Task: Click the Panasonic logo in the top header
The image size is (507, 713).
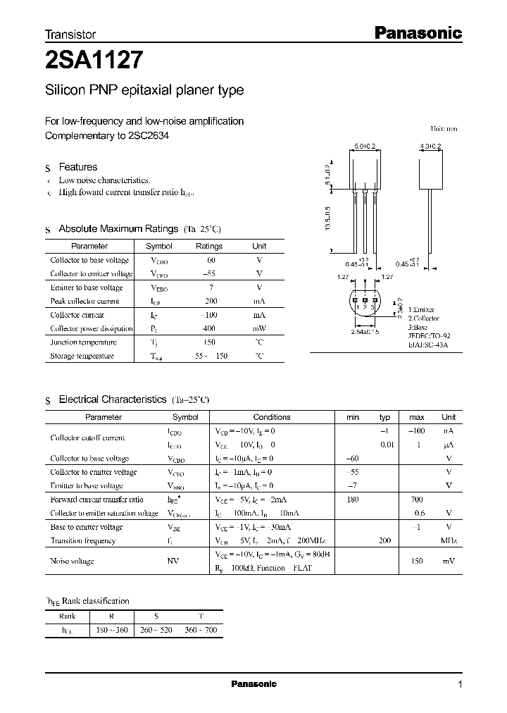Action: [x=416, y=32]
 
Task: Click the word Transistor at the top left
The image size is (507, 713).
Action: [x=70, y=34]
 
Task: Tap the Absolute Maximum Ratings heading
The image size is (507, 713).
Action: [x=118, y=229]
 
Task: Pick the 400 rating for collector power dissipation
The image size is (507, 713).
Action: [x=208, y=329]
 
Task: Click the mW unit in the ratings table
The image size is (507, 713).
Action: [x=259, y=329]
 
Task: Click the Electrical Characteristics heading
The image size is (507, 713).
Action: [x=113, y=399]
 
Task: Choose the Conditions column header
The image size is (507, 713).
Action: [x=271, y=417]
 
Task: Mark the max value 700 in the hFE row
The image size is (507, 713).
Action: [x=416, y=500]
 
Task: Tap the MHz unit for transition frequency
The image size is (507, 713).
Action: [x=449, y=540]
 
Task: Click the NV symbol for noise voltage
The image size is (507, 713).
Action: [x=172, y=561]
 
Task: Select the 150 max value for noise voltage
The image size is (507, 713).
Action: [x=416, y=561]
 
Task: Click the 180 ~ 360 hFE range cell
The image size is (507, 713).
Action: [x=111, y=628]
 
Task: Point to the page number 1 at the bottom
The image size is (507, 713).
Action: [x=460, y=685]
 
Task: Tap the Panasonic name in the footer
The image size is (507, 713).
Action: [x=254, y=684]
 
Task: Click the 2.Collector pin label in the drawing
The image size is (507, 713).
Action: [x=423, y=318]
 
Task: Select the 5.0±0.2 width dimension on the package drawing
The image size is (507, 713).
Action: [x=364, y=147]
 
